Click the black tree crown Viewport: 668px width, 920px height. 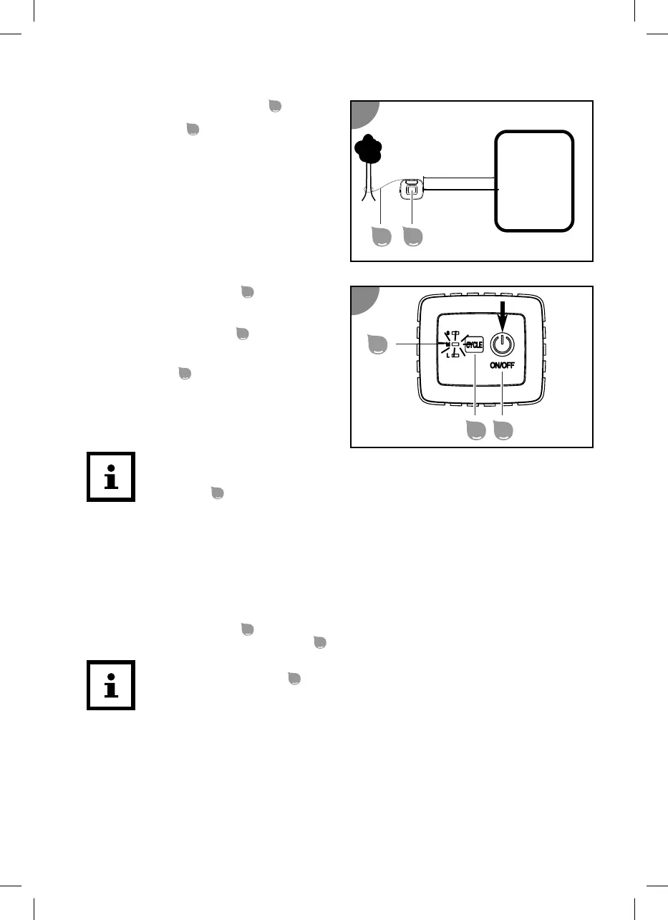369,149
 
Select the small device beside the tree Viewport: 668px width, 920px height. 412,189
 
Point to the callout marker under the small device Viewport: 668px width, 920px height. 412,236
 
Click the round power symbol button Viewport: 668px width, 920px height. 503,343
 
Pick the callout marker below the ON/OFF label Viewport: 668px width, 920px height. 503,431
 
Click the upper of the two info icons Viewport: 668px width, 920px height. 111,477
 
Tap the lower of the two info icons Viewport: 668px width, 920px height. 111,685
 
